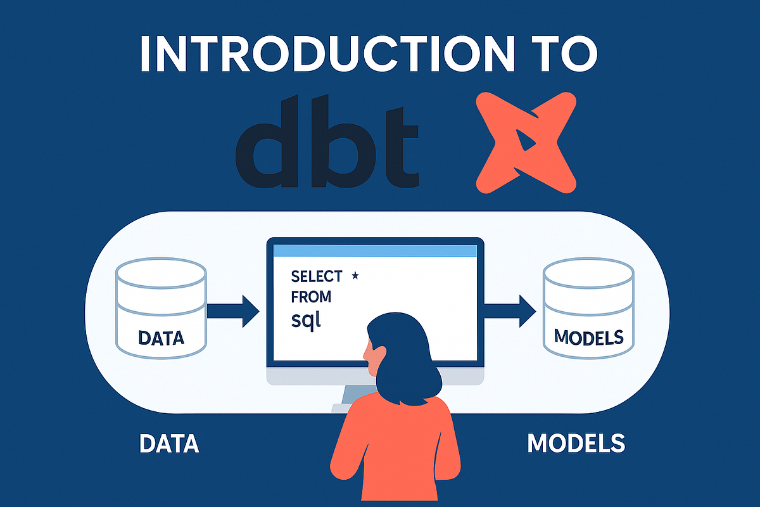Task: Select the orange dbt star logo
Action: point(526,142)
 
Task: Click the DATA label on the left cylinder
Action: point(160,337)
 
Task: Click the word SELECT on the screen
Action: point(316,277)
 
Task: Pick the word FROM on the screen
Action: point(310,297)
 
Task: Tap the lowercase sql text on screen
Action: point(307,319)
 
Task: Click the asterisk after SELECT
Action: point(355,276)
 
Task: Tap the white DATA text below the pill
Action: point(169,444)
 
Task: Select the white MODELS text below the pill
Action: point(576,444)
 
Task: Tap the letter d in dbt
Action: point(266,143)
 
